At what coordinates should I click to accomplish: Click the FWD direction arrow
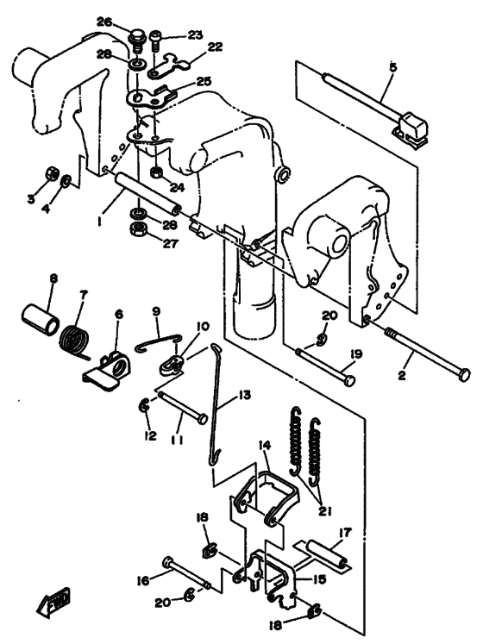(x=53, y=602)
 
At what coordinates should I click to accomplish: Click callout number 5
(x=393, y=67)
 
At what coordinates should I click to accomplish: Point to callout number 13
(x=244, y=396)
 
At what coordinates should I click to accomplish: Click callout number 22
(x=215, y=47)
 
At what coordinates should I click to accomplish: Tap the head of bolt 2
(x=464, y=375)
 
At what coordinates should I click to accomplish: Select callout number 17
(x=346, y=533)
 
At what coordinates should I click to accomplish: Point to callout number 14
(x=265, y=445)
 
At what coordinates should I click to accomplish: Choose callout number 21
(x=325, y=510)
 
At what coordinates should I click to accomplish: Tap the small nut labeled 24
(x=157, y=172)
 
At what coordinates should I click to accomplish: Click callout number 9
(x=156, y=311)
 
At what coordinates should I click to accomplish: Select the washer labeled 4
(x=66, y=181)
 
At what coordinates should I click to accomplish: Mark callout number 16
(x=144, y=580)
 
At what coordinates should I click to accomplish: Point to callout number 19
(x=356, y=353)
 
